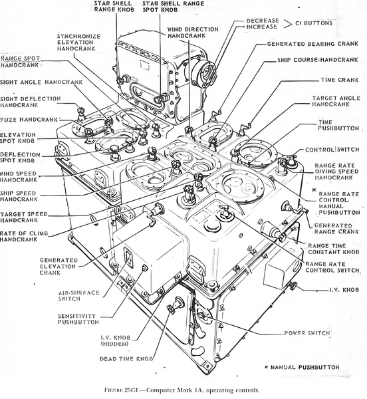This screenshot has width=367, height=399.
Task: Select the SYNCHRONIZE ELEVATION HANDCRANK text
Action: pyautogui.click(x=79, y=43)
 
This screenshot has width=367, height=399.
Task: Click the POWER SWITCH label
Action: pyautogui.click(x=308, y=333)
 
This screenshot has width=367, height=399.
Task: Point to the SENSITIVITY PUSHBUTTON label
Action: pyautogui.click(x=75, y=319)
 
